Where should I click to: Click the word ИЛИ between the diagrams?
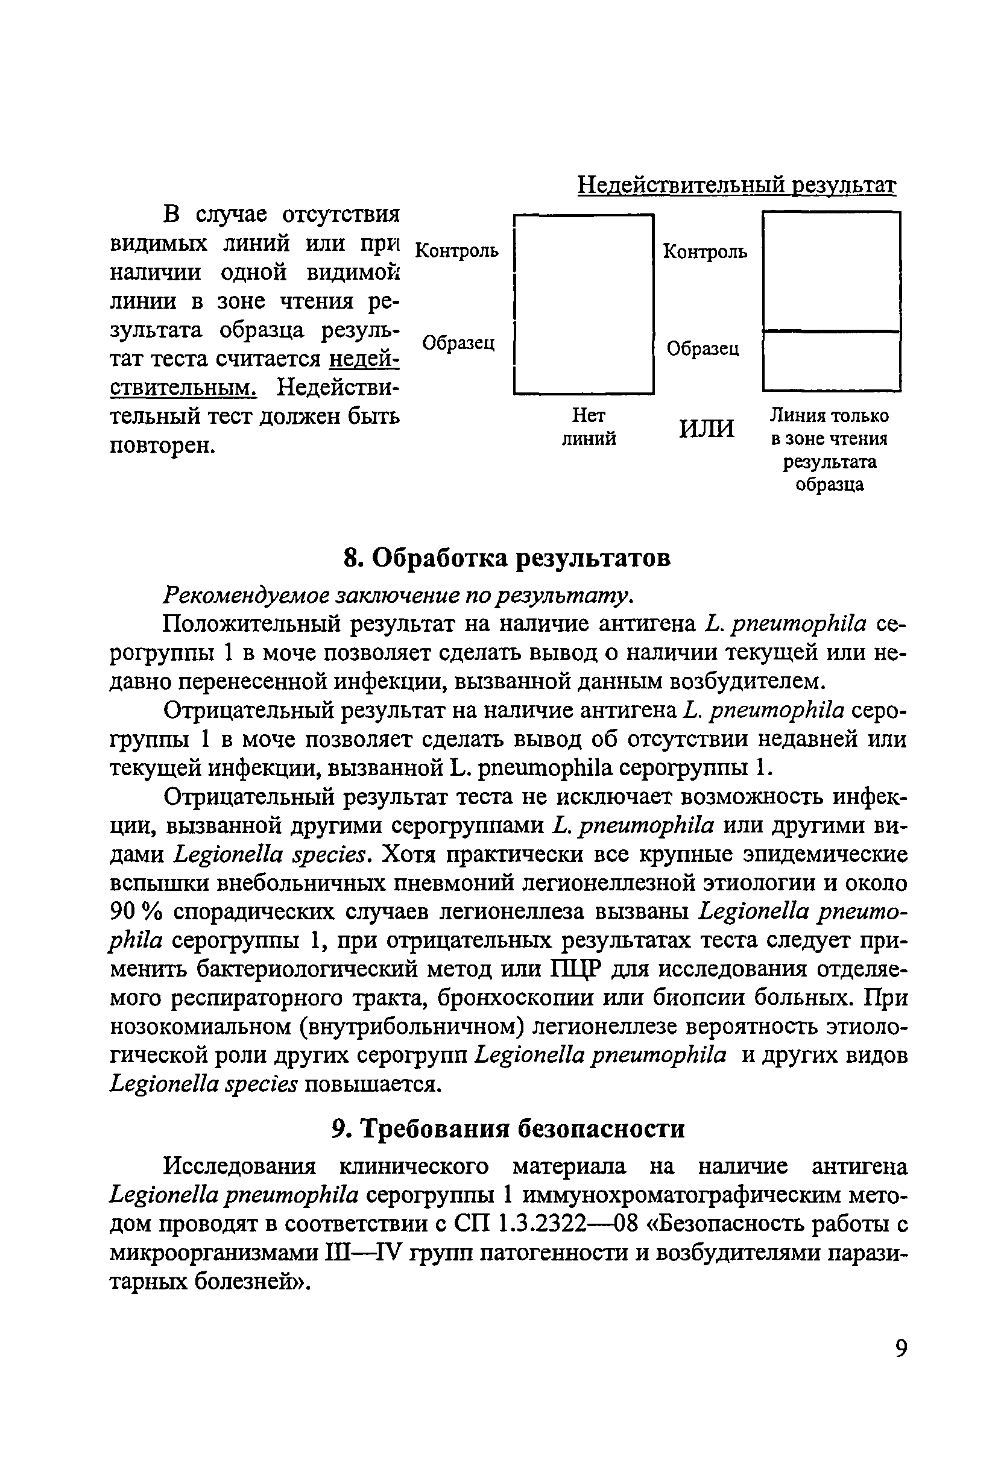[x=706, y=429]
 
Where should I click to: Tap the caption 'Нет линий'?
[x=588, y=427]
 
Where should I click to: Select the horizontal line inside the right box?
[x=831, y=330]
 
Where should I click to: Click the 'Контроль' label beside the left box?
[x=457, y=251]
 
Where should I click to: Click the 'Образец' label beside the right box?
[x=703, y=348]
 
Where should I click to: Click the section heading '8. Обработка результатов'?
[x=507, y=558]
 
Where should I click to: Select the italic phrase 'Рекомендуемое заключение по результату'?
[x=397, y=595]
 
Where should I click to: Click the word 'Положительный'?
[x=252, y=625]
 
